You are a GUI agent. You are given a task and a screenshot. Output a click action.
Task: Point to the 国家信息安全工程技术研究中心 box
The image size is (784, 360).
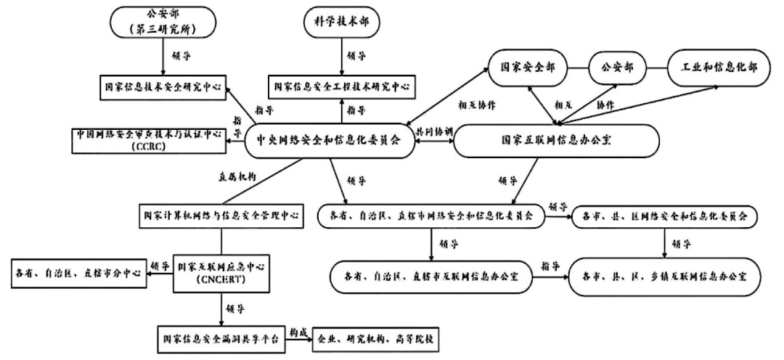[x=342, y=86]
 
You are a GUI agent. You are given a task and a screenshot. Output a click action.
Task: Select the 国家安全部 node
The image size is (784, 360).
[x=527, y=67]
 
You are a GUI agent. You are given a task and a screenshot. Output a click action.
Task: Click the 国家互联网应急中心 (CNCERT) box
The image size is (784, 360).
[x=221, y=275]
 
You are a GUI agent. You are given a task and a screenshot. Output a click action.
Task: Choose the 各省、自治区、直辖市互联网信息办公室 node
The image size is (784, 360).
[x=431, y=276]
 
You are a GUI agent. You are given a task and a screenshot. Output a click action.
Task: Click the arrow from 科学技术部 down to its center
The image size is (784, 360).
[x=342, y=57]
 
